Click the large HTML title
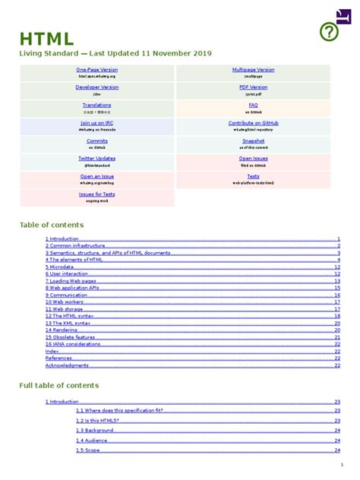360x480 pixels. tap(46, 39)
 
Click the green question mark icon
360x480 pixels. tap(328, 31)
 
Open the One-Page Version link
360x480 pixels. tap(96, 70)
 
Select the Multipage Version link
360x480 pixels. tap(253, 70)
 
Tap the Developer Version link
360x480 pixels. tap(96, 87)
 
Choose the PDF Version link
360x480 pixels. tap(253, 87)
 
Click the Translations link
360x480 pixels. tap(96, 105)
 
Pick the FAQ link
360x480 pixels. tap(253, 105)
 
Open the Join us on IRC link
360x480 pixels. tap(96, 122)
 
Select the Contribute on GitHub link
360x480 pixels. tap(253, 122)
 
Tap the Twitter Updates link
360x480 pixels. tap(96, 158)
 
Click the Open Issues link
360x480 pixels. tap(253, 158)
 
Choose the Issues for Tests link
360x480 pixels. tap(96, 194)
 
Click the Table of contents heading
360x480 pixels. tap(51, 225)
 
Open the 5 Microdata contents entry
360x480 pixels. tap(59, 267)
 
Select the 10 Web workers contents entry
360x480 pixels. tap(65, 302)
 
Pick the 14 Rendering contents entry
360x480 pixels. tap(61, 330)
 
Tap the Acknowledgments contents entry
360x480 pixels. tap(67, 365)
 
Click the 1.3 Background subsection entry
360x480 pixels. tap(94, 430)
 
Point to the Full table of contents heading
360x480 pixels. tap(58, 386)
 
